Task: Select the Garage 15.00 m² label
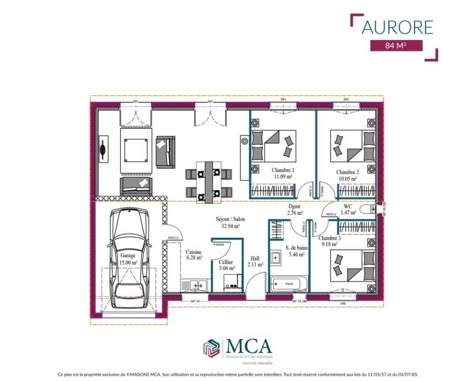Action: coord(128,259)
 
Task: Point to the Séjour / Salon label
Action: coord(230,222)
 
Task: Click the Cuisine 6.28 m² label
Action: coord(194,254)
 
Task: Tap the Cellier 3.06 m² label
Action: coord(226,265)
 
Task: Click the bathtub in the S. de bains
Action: coord(289,284)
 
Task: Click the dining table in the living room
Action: coord(209,181)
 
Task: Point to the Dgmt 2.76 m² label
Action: coord(295,210)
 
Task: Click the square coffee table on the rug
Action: coord(135,148)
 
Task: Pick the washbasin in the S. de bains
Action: coord(276,257)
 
